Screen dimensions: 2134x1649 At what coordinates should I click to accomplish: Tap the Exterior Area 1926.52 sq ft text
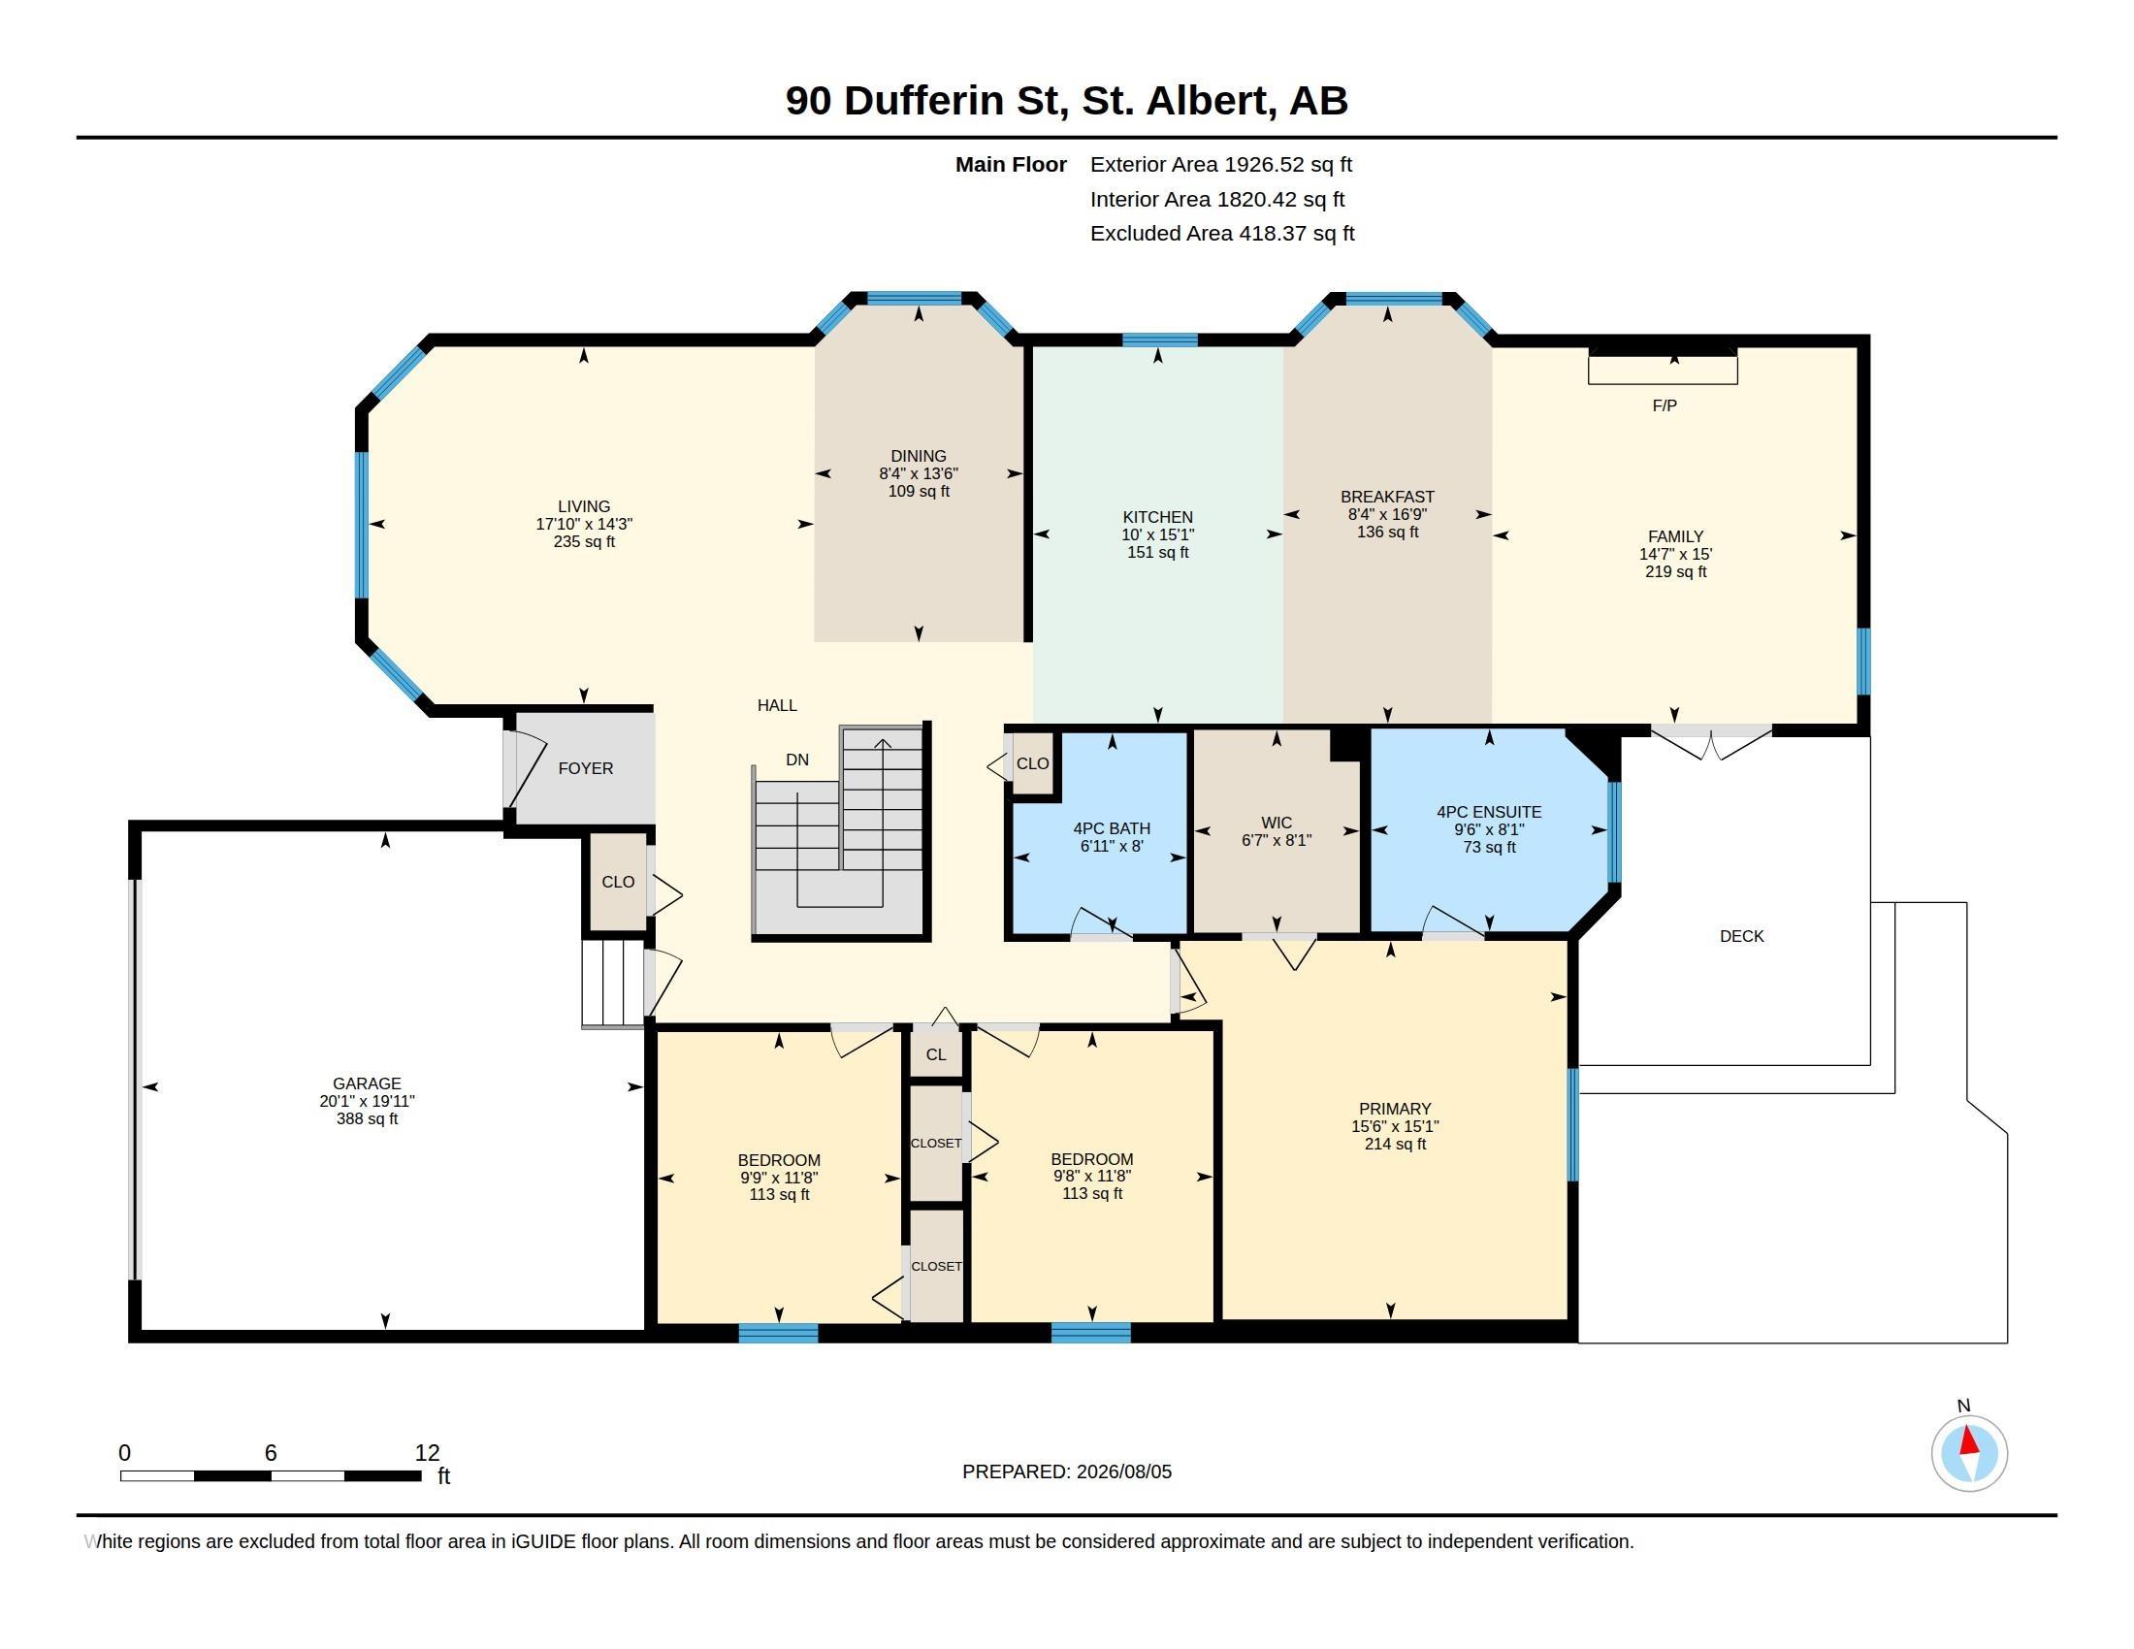tap(1220, 164)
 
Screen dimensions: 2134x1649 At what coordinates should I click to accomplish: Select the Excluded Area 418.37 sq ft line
tap(1222, 234)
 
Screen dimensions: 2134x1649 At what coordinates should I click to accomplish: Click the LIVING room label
tap(584, 506)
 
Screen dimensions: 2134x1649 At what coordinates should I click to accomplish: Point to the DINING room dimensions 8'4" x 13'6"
tap(919, 473)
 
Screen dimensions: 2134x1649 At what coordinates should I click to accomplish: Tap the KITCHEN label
tap(1158, 517)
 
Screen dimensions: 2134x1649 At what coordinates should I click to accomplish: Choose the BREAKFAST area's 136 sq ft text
tap(1387, 533)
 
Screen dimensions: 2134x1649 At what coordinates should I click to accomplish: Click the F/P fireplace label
tap(1665, 405)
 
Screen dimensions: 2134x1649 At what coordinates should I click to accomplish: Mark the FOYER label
tap(586, 769)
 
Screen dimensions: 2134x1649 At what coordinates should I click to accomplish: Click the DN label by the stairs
tap(797, 760)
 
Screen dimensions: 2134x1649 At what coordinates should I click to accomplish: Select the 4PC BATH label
tap(1112, 828)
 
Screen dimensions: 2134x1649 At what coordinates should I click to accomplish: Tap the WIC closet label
tap(1277, 823)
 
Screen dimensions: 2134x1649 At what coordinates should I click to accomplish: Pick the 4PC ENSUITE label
tap(1489, 812)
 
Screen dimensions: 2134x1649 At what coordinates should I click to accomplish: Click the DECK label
tap(1742, 936)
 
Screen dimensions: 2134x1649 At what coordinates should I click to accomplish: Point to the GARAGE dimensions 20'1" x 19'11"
tap(368, 1101)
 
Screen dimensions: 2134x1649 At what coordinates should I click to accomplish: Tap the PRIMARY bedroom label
tap(1395, 1109)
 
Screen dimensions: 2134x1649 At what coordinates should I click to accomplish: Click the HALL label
tap(778, 705)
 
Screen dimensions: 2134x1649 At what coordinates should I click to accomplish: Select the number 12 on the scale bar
tap(427, 1453)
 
